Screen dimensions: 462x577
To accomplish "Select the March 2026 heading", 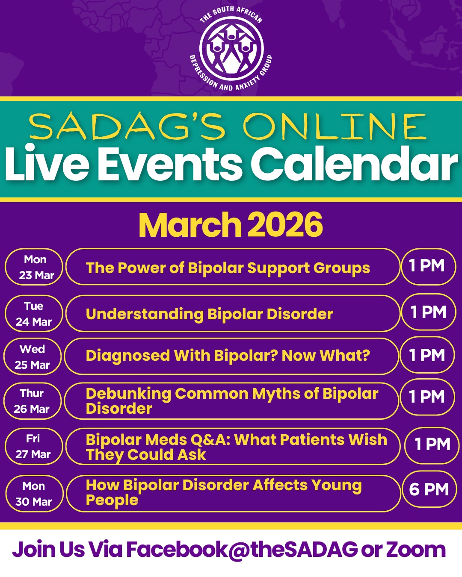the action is tap(231, 225).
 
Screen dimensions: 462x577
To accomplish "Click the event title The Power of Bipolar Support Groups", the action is tap(228, 268).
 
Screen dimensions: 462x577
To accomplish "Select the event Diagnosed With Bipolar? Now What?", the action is tap(228, 356).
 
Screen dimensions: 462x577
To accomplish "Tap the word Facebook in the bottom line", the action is tap(177, 549).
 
